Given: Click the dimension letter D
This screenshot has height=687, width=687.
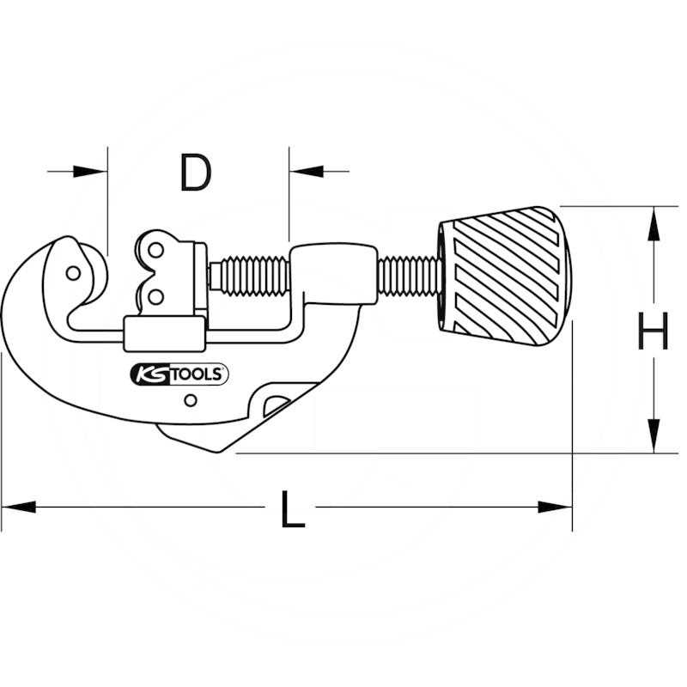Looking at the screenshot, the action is (x=196, y=173).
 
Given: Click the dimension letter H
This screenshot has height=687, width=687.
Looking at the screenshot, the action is (x=653, y=331).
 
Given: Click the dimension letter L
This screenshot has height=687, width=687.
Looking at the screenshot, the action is (x=293, y=509).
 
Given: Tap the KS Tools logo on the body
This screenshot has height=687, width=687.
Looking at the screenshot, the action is (x=179, y=374).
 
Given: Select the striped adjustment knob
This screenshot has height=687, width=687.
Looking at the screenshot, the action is (x=504, y=276).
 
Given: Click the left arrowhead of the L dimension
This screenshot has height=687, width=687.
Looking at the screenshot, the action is (x=18, y=507).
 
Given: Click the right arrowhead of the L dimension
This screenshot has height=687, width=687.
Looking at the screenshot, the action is (x=555, y=507).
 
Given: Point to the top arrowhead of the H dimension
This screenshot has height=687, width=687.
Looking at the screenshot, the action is (x=654, y=223).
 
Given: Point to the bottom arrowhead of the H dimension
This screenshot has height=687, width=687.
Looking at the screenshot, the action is (x=654, y=435).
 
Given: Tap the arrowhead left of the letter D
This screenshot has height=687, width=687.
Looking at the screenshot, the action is (x=90, y=171).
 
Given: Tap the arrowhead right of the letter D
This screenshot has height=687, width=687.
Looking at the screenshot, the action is (x=307, y=171).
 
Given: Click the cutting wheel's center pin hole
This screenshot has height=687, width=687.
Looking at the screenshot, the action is (x=73, y=273).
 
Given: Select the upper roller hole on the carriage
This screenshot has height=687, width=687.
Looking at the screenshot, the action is (x=155, y=251).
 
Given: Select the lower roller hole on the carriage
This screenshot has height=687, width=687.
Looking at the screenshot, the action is (x=155, y=296).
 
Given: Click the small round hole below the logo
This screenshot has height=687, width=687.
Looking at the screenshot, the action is (x=190, y=400).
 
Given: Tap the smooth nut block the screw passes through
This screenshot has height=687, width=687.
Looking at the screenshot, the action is (x=333, y=274).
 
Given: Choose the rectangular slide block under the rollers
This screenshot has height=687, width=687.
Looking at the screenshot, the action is (x=165, y=334).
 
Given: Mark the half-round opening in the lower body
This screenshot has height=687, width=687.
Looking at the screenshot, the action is (x=276, y=405).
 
